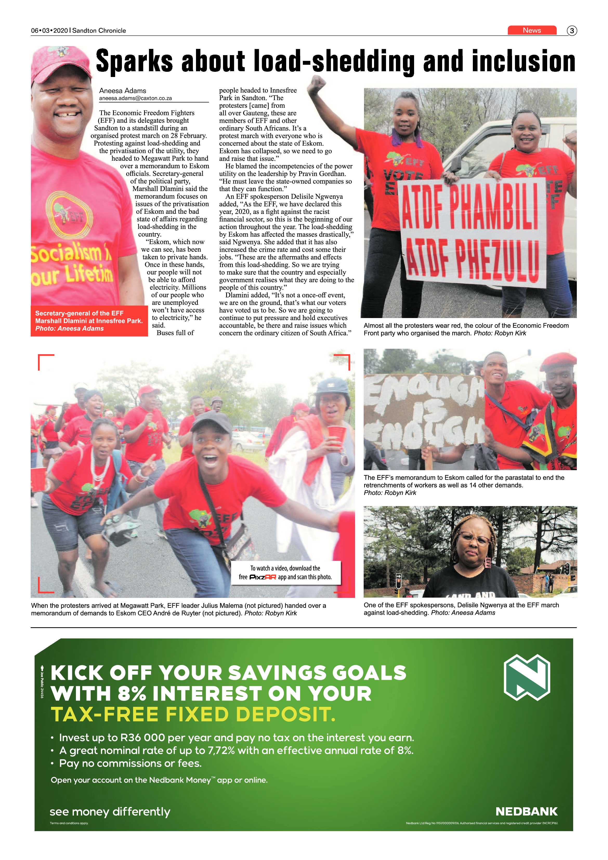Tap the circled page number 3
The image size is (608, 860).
click(x=572, y=31)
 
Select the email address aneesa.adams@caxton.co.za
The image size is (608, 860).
click(x=135, y=98)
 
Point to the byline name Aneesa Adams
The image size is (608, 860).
click(x=122, y=91)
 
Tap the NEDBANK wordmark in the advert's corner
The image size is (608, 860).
click(x=526, y=811)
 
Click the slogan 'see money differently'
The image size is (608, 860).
click(x=110, y=811)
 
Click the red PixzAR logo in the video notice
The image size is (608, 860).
click(x=263, y=577)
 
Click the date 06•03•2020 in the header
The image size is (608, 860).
click(x=49, y=31)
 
